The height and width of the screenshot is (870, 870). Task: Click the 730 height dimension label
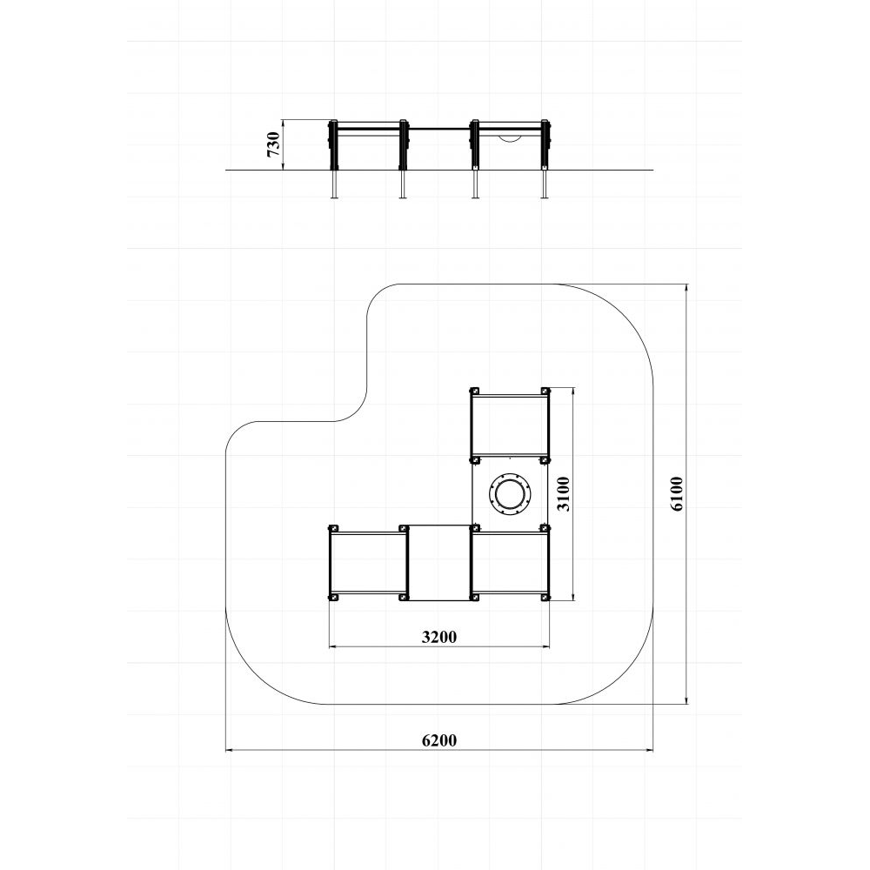point(273,144)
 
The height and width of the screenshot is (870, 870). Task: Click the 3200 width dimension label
point(438,637)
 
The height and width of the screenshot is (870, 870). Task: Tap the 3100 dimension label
point(563,494)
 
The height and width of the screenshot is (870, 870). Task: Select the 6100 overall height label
point(677,494)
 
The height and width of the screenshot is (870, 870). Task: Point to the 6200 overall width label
point(438,740)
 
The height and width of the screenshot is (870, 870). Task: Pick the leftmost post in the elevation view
point(333,158)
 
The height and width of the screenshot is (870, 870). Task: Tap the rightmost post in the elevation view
point(546,158)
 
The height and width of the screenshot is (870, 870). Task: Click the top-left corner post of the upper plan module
point(474,391)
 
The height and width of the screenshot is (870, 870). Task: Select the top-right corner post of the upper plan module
point(545,391)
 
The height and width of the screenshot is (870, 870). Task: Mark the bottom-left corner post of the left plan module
point(333,597)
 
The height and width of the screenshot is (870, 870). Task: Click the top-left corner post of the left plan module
point(333,529)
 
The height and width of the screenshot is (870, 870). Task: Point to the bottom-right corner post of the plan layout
point(545,597)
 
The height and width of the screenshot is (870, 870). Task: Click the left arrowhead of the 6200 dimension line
point(229,750)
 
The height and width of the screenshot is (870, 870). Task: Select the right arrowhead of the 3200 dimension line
point(546,646)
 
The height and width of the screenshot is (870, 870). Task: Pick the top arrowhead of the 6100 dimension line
point(687,288)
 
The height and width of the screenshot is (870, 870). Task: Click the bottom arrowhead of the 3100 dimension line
point(573,597)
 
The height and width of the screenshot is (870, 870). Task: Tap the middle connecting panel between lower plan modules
point(438,563)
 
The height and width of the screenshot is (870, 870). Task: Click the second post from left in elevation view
point(404,158)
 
